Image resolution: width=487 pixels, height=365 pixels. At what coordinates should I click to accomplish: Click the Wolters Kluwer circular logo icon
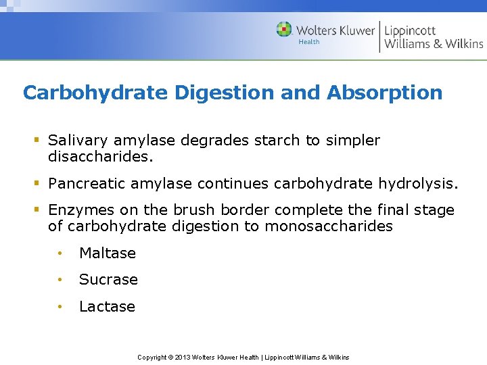point(284,30)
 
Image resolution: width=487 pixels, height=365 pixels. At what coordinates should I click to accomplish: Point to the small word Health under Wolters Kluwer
point(309,42)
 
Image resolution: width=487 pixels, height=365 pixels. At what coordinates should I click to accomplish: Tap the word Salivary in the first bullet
point(78,141)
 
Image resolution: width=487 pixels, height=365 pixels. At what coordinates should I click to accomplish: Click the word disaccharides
point(101,157)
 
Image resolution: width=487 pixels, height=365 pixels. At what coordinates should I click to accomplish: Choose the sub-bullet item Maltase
point(108,253)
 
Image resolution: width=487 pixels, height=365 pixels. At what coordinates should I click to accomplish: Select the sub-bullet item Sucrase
point(108,279)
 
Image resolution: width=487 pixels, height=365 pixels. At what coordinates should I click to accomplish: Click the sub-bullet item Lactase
point(107,306)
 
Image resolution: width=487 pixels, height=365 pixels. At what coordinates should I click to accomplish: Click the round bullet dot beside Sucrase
point(60,280)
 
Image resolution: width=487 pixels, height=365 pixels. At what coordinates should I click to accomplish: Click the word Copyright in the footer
point(152,357)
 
